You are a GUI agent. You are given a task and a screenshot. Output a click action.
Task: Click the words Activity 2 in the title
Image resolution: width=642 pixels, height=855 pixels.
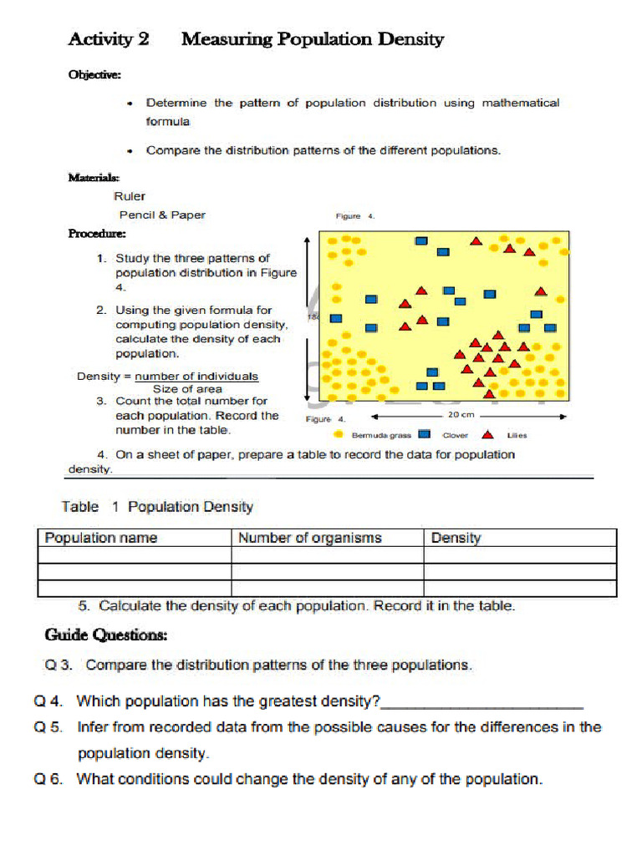(108, 39)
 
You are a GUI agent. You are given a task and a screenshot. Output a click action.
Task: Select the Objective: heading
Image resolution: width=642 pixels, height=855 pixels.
(94, 75)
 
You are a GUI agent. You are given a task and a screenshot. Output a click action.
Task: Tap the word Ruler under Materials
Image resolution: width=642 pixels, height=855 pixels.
(129, 196)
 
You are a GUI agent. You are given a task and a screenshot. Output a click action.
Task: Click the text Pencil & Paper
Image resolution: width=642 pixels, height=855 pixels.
(161, 215)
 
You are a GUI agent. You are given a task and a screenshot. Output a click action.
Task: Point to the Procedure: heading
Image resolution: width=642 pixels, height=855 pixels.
(97, 234)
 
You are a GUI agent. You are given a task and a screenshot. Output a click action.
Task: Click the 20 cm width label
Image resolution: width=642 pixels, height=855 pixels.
(461, 415)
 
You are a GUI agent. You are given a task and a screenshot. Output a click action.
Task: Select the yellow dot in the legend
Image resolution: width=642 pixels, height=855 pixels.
(338, 434)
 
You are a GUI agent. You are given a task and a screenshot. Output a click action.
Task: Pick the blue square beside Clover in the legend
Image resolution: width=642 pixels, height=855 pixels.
(424, 434)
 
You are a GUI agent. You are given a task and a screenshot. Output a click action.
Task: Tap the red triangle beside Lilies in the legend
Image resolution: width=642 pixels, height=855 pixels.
(487, 434)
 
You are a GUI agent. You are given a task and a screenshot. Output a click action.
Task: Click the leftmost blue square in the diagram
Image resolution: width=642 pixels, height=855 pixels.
(336, 318)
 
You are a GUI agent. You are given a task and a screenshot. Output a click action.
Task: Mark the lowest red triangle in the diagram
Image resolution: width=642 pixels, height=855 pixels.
(491, 393)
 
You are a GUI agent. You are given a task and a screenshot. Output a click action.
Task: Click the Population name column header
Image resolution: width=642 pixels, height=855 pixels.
(100, 538)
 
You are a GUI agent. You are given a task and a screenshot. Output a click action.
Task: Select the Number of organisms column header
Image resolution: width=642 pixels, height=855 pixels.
(309, 538)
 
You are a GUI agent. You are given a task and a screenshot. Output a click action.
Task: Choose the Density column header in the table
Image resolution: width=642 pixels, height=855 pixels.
(456, 538)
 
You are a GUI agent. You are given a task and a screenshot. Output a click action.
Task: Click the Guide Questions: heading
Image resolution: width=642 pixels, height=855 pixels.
(105, 635)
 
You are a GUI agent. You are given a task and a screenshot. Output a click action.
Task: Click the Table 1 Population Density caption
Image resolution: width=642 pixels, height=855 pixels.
(157, 507)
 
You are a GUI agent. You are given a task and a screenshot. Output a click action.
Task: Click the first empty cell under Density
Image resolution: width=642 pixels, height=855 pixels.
(519, 555)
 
